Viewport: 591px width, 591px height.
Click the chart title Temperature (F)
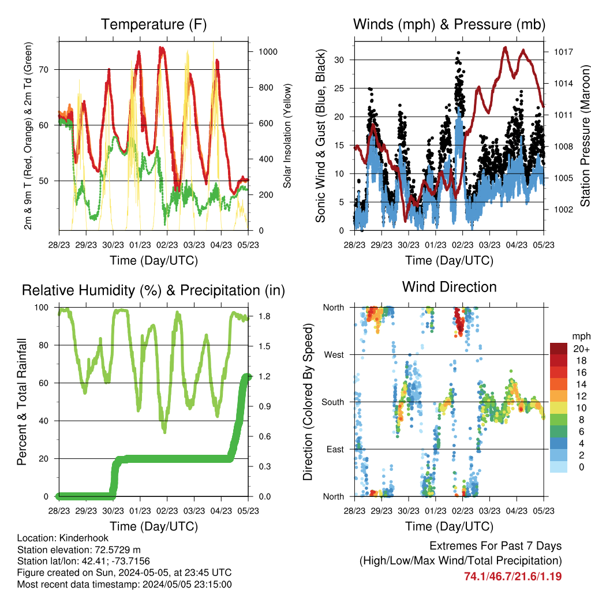click(154, 24)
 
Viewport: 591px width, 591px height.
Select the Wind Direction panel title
click(449, 287)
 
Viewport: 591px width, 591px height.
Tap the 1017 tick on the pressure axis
click(563, 52)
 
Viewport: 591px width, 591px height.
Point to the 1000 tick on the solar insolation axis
click(268, 52)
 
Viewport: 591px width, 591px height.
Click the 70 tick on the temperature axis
click(44, 70)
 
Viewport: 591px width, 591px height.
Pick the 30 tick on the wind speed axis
click(339, 60)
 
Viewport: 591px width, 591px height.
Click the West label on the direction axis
click(334, 355)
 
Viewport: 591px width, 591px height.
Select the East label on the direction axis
click(335, 449)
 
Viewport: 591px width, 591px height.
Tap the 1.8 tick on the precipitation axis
click(264, 316)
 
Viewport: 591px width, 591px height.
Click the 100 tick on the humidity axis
click(42, 308)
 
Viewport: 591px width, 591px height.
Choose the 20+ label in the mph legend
click(581, 349)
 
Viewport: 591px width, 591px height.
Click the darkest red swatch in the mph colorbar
click(559, 349)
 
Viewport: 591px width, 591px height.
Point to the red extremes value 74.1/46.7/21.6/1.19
click(513, 577)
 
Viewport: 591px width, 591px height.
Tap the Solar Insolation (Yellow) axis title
click(287, 136)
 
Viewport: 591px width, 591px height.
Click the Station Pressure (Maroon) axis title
click(585, 136)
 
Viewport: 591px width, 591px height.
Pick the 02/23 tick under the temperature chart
click(167, 245)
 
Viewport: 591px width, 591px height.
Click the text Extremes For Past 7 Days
click(496, 546)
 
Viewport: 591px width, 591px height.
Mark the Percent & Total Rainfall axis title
click(22, 402)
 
